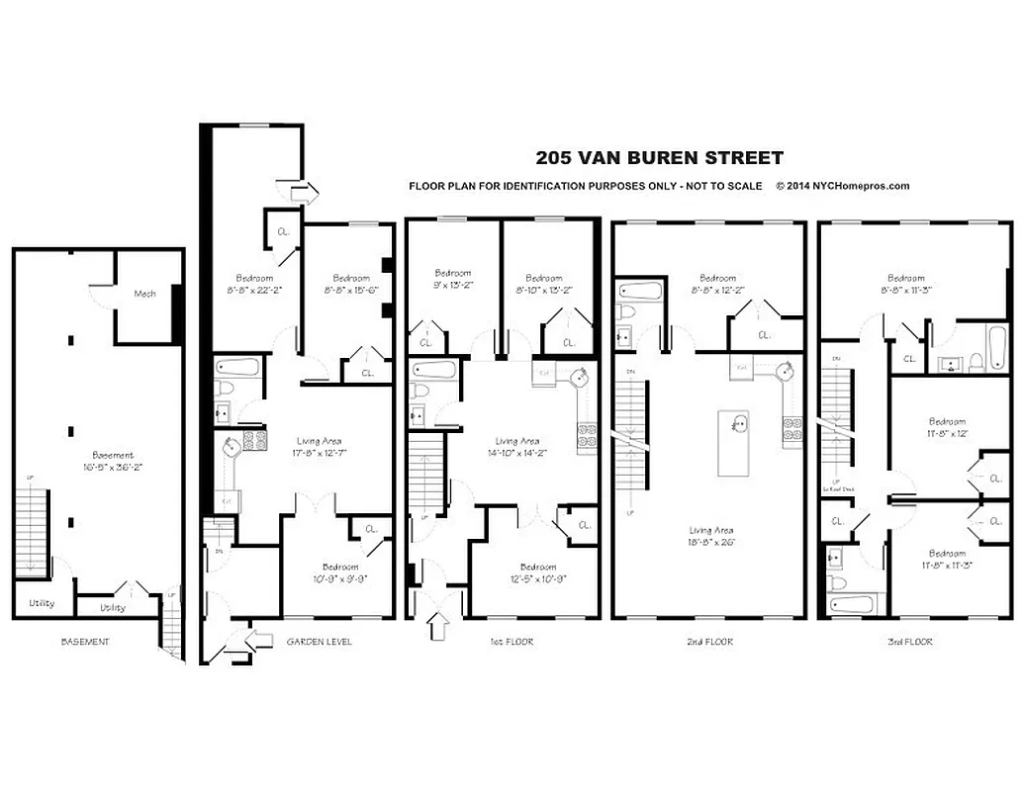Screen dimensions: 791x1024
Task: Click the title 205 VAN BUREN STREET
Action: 659,157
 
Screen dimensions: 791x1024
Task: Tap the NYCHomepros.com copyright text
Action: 842,186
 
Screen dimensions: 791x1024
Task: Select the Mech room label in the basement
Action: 144,294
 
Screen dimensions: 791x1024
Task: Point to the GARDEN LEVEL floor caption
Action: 319,642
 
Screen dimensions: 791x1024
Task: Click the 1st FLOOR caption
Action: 512,642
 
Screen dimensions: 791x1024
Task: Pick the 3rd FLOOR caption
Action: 910,642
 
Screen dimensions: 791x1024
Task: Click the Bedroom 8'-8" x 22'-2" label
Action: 254,284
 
